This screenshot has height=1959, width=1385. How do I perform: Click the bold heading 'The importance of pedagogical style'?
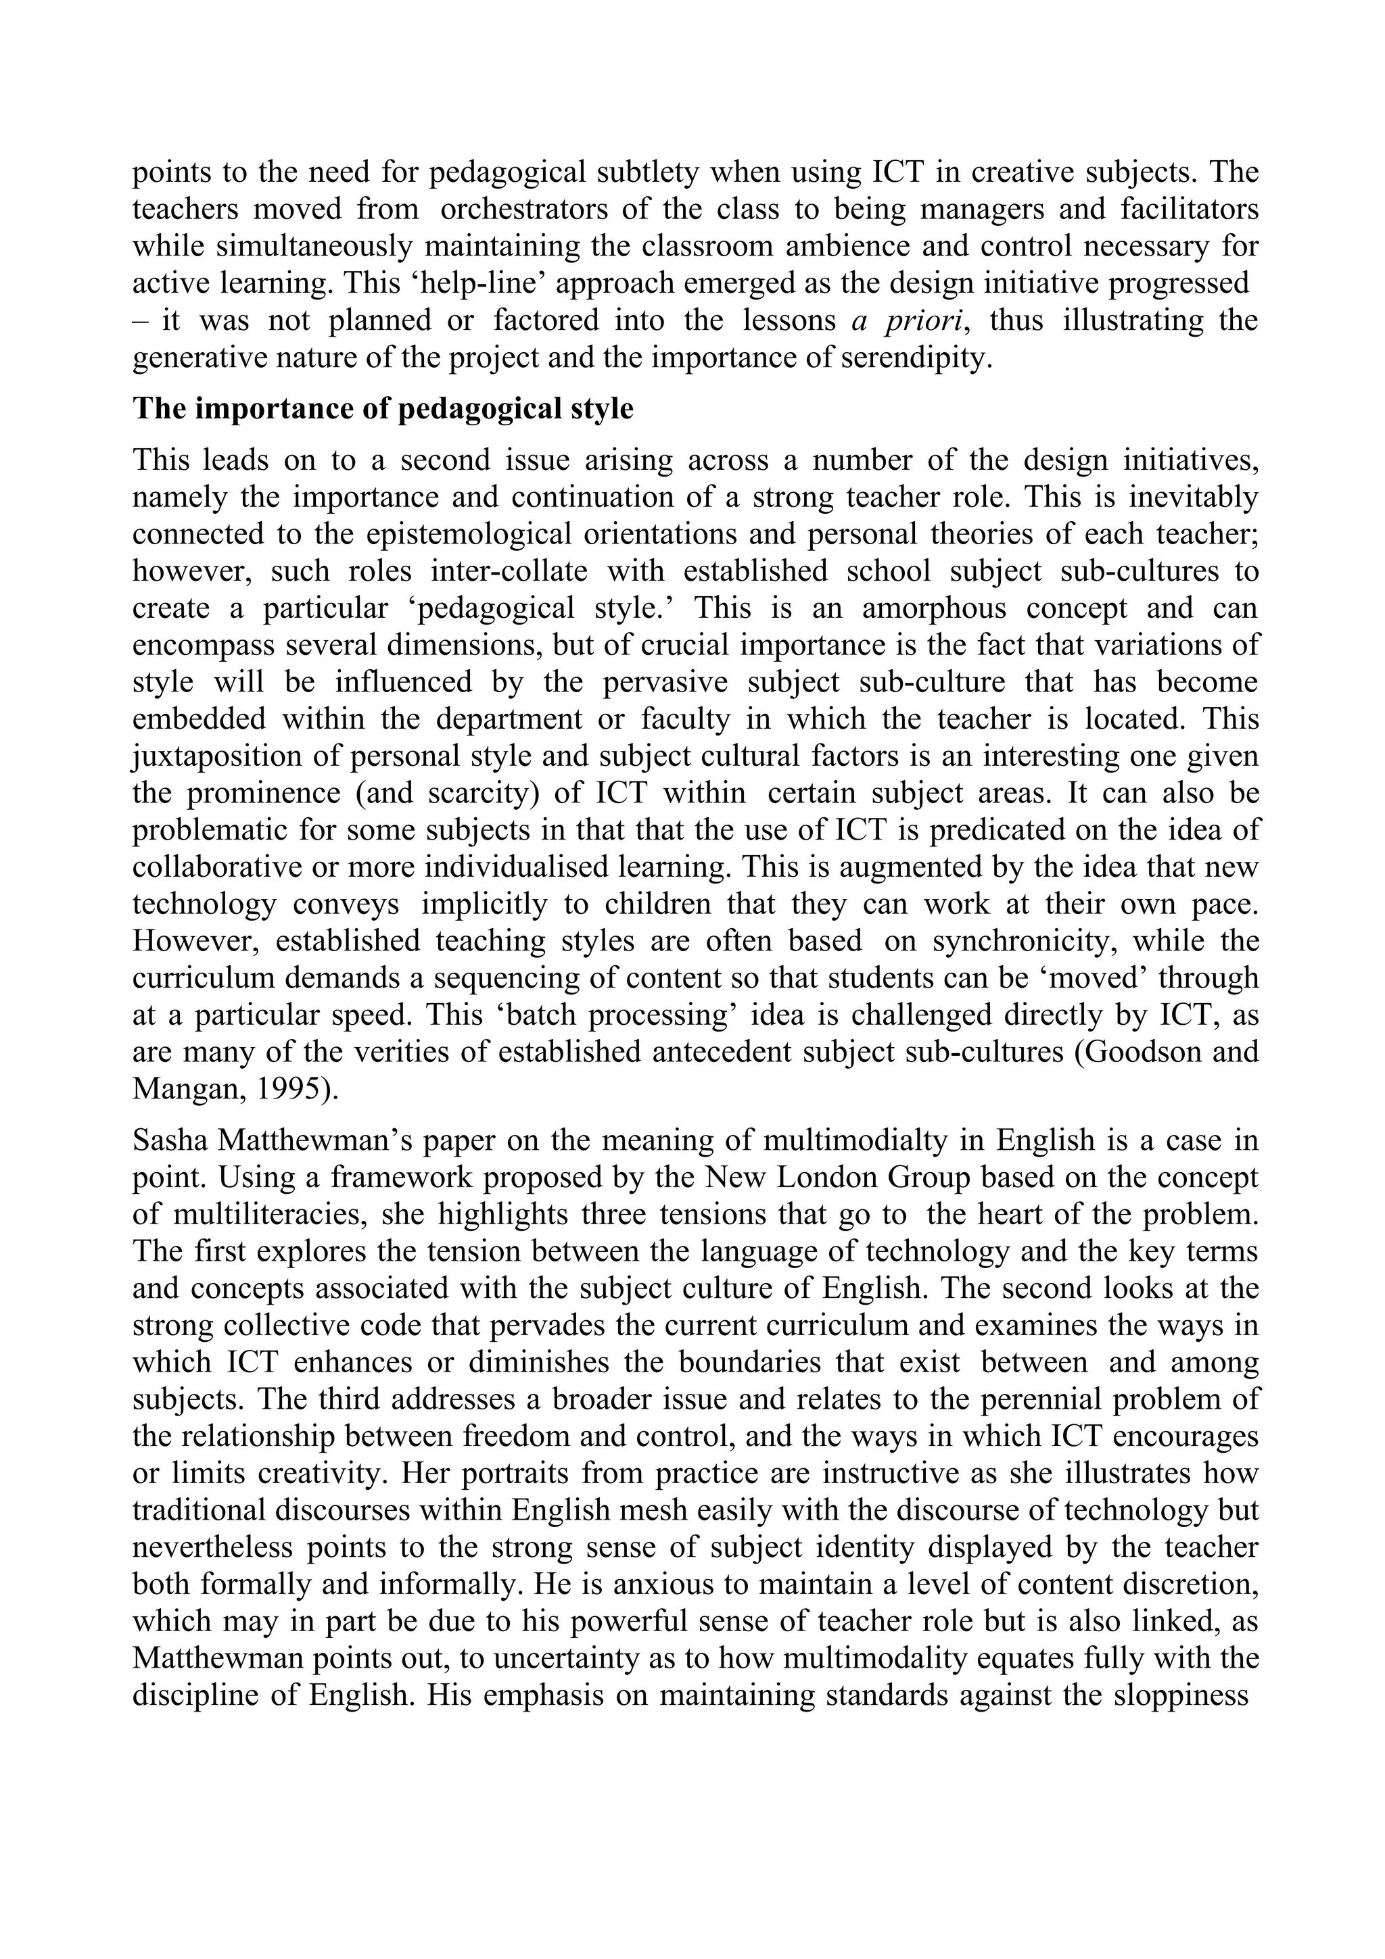point(383,409)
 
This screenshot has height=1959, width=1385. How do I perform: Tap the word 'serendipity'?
point(916,357)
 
